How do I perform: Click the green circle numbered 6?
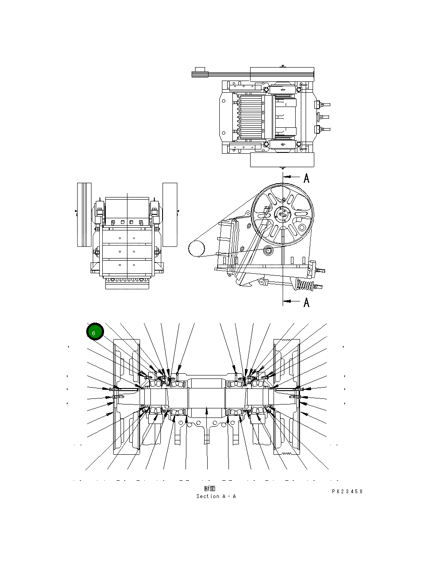95,332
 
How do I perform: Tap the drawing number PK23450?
347,492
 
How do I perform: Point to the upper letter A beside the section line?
306,178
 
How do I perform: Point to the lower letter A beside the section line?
306,302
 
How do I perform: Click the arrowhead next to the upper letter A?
289,177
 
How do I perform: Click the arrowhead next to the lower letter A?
289,301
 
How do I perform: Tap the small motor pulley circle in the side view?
196,249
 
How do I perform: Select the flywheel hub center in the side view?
282,214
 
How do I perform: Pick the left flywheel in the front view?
84,214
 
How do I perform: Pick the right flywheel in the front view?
169,214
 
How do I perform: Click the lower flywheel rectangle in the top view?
282,160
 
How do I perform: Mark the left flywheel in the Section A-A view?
126,397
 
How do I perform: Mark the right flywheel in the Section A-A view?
286,397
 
